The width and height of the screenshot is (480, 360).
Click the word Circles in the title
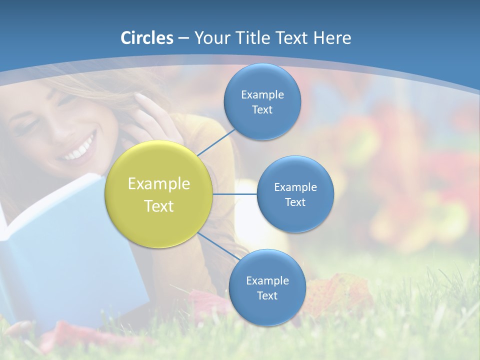[x=147, y=38]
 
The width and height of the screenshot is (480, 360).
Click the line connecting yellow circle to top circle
[x=216, y=142]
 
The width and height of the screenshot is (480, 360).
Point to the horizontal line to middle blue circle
[x=235, y=194]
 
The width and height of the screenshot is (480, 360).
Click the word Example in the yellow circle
[x=159, y=184]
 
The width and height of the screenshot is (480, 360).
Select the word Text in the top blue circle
[x=262, y=110]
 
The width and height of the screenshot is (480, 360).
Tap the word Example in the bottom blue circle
[x=267, y=280]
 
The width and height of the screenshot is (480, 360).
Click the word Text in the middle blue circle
[x=295, y=202]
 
